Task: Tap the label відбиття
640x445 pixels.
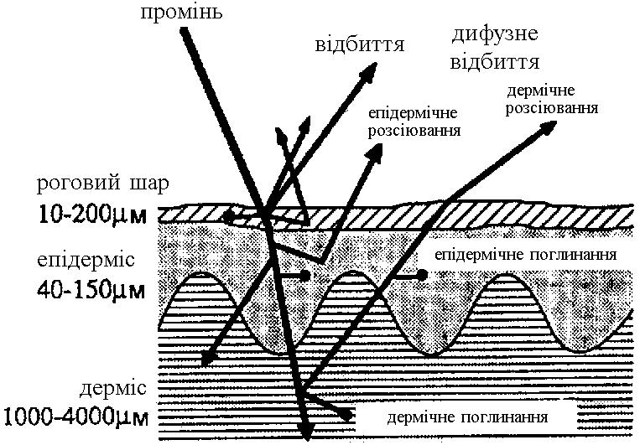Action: [349, 44]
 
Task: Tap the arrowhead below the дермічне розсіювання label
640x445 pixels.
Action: [549, 126]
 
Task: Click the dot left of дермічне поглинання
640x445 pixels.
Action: [346, 415]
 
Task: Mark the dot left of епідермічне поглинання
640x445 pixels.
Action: [423, 274]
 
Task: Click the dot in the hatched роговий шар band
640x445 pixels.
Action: [228, 216]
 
